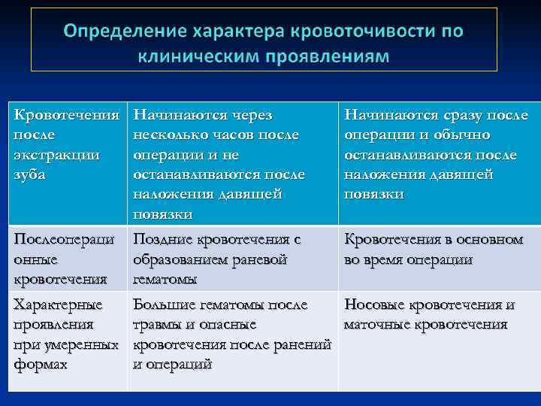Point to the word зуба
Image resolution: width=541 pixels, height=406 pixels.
tap(29, 174)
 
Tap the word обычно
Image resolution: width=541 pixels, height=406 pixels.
tap(459, 135)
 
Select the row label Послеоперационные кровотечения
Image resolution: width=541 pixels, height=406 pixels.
tap(63, 259)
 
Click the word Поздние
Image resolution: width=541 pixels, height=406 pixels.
tap(162, 240)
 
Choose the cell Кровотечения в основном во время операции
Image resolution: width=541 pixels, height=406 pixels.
tap(434, 250)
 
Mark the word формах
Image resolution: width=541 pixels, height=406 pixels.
tap(41, 364)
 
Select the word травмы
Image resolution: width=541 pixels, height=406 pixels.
tap(157, 325)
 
